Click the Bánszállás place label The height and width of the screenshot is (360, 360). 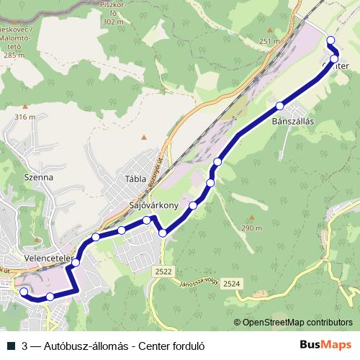[x=293, y=121]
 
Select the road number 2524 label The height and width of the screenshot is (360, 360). [x=231, y=284]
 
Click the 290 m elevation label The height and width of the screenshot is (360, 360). [x=251, y=228]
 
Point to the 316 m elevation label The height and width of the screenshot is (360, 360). [x=24, y=117]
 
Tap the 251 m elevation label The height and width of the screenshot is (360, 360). [x=269, y=41]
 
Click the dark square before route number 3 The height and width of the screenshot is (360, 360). [x=10, y=345]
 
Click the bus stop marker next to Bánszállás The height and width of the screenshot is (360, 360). [x=279, y=107]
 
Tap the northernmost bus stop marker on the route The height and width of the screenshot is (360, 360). [x=331, y=40]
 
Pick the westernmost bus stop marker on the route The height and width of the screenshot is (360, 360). [x=23, y=292]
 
